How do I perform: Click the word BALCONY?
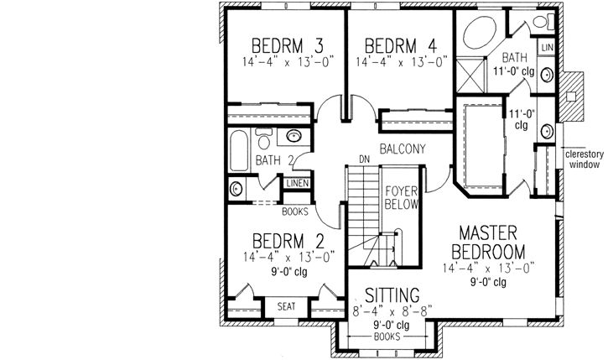tap(402, 149)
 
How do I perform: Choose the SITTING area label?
tap(392, 295)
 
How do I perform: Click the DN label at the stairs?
tap(364, 158)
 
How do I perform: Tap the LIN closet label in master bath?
tap(546, 47)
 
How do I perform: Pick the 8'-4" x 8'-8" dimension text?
tap(392, 311)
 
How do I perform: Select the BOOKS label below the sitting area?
tap(387, 336)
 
